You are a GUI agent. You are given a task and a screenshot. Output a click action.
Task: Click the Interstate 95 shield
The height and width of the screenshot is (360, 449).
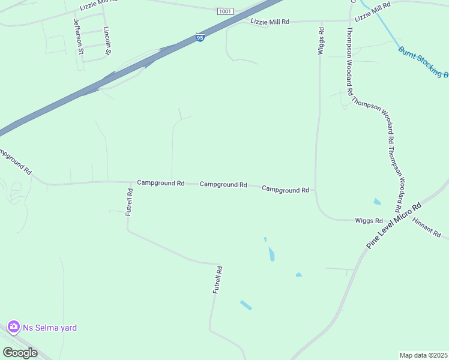tap(200, 38)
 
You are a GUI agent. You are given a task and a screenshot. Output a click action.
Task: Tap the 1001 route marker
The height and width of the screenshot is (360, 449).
tap(225, 11)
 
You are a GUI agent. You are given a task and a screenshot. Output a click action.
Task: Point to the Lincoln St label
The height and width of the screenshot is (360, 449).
tap(107, 40)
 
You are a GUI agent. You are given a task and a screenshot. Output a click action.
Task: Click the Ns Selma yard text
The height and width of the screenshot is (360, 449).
tap(50, 328)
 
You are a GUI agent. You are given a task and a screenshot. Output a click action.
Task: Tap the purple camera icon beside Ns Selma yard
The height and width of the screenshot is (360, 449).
tap(13, 327)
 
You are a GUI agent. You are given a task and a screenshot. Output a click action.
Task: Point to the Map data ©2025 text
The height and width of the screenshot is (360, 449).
tap(423, 355)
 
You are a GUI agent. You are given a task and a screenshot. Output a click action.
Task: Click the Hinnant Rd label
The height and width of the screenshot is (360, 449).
tap(426, 227)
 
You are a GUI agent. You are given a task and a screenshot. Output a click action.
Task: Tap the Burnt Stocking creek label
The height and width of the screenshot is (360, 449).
tap(423, 62)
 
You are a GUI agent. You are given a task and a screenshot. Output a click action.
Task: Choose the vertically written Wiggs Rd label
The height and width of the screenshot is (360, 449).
tap(321, 41)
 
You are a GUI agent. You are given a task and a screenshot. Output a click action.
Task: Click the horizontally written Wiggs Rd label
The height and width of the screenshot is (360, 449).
tap(369, 221)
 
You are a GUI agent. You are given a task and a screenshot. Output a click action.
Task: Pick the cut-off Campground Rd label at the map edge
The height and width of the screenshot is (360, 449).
tap(16, 161)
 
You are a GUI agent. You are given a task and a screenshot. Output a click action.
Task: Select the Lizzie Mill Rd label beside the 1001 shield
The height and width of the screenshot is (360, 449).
tap(270, 22)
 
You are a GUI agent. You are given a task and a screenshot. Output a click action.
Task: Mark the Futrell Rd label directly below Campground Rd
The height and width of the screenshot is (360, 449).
tap(130, 202)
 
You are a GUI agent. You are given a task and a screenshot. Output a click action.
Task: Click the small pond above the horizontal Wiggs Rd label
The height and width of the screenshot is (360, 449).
tap(377, 202)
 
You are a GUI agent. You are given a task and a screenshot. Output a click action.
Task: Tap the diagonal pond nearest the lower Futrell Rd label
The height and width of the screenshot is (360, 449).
tap(246, 305)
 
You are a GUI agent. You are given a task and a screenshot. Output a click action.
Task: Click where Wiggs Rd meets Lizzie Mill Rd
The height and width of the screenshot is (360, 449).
tap(321, 21)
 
